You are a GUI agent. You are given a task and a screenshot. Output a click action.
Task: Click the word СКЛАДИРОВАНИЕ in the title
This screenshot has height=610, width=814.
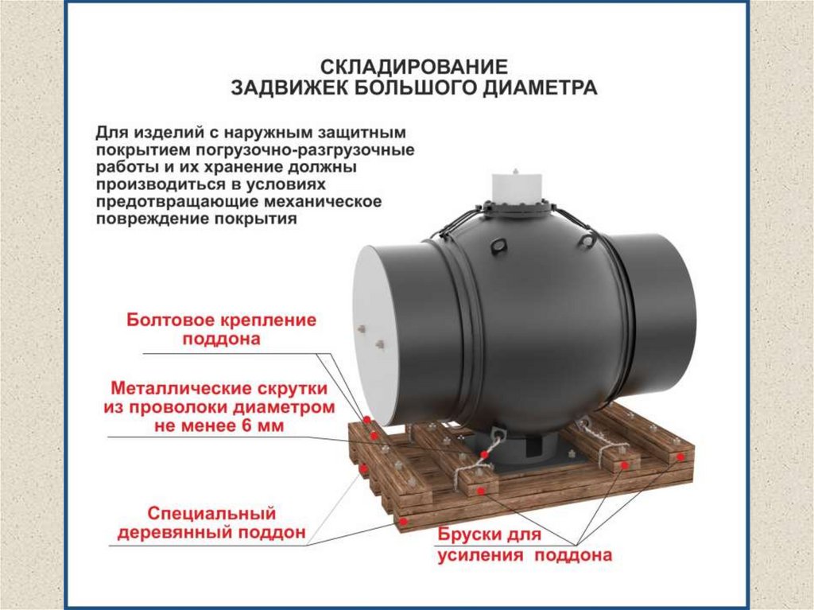(x=413, y=67)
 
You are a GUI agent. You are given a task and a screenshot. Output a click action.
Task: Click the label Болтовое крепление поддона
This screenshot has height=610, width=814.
(x=221, y=329)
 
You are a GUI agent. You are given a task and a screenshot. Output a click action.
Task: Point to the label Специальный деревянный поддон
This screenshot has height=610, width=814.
(x=211, y=523)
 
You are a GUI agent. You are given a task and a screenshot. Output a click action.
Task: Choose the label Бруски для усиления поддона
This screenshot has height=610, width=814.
(x=525, y=545)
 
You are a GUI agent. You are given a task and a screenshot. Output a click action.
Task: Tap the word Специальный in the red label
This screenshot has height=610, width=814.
(x=211, y=513)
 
